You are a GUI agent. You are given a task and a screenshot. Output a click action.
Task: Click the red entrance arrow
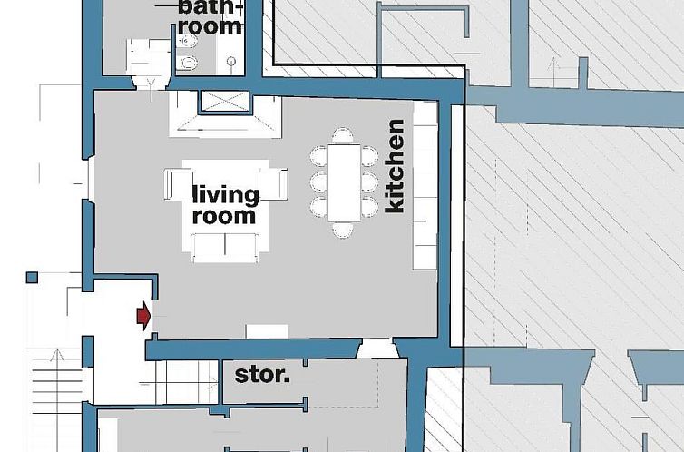(x=142, y=315)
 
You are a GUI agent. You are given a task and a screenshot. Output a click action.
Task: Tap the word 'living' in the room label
(x=225, y=195)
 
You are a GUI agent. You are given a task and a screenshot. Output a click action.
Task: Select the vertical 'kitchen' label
(x=395, y=166)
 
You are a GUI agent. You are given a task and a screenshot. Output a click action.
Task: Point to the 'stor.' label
(x=262, y=373)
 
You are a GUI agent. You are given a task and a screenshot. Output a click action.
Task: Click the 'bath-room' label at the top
(x=210, y=16)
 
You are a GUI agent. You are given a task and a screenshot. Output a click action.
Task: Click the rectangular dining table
(x=343, y=182)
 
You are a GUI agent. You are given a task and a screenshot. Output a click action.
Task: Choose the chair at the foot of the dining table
(x=342, y=229)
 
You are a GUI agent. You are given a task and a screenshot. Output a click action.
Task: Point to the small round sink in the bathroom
(x=233, y=63)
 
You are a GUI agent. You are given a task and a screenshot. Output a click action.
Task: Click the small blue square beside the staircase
(x=32, y=277)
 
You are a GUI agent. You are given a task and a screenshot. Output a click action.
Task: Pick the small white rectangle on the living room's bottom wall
(x=267, y=331)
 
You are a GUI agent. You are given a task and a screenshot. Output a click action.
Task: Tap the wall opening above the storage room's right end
(x=377, y=347)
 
